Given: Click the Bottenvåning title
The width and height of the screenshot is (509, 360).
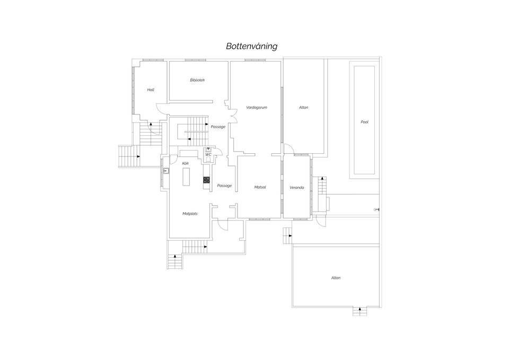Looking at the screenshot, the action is pos(251,46).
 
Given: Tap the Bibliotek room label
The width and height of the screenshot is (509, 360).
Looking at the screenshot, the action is pos(197,80).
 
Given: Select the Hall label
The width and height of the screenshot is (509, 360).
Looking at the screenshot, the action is pos(151,90).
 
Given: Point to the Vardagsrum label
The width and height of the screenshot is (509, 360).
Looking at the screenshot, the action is pos(257,108).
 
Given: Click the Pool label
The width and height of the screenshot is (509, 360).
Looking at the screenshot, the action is pos(365,122).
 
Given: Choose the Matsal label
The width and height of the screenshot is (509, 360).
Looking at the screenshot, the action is pos(260,187).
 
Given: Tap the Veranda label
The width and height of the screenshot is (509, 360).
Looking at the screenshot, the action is pos(297,188).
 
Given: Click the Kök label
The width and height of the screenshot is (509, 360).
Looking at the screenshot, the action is pos(186,164).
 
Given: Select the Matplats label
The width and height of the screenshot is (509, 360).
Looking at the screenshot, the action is pos(190,214).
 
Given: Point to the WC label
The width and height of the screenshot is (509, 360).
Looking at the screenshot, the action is pos(208,155).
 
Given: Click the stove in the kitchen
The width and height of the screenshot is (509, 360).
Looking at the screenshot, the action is pos(206,180).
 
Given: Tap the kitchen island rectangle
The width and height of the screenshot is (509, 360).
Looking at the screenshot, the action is pos(186,177).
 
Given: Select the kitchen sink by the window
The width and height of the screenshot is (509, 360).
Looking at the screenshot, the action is pos(166,171).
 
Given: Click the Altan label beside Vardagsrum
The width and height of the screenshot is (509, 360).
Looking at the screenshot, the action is pos(303,108).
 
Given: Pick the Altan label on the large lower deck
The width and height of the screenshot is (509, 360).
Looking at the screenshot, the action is pos(336,278).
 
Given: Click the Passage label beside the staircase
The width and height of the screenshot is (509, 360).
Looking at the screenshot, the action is pos(218,127).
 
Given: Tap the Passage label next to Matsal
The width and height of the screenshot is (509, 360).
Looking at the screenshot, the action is pos(224,186).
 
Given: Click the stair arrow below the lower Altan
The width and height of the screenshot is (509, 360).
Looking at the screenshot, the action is pos(359,311).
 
